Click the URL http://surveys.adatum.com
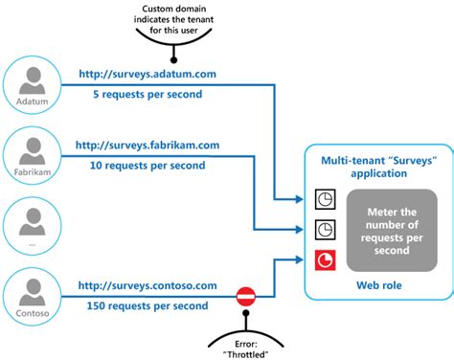click(x=147, y=72)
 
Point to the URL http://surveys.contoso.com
click(x=148, y=285)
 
